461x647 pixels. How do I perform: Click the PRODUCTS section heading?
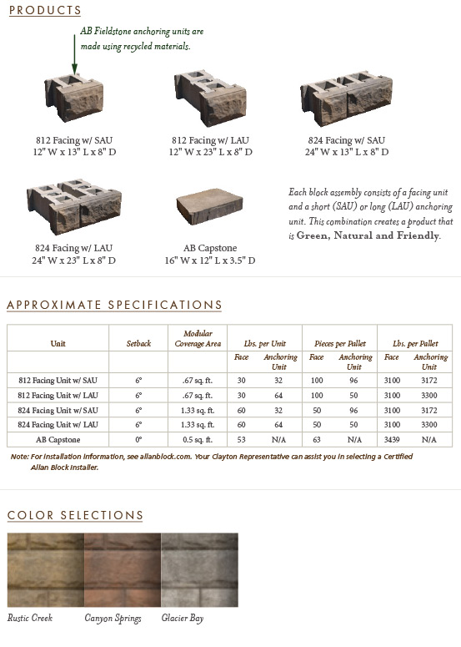click(x=44, y=11)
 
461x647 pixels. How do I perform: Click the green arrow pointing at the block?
click(x=73, y=55)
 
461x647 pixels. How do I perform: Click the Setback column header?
click(x=138, y=342)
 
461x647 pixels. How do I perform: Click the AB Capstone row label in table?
click(x=58, y=438)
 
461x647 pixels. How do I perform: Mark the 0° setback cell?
click(x=138, y=438)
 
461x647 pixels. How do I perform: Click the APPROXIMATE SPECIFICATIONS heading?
click(x=114, y=305)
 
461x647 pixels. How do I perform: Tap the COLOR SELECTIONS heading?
click(x=75, y=515)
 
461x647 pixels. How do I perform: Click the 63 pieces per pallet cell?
click(x=316, y=438)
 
